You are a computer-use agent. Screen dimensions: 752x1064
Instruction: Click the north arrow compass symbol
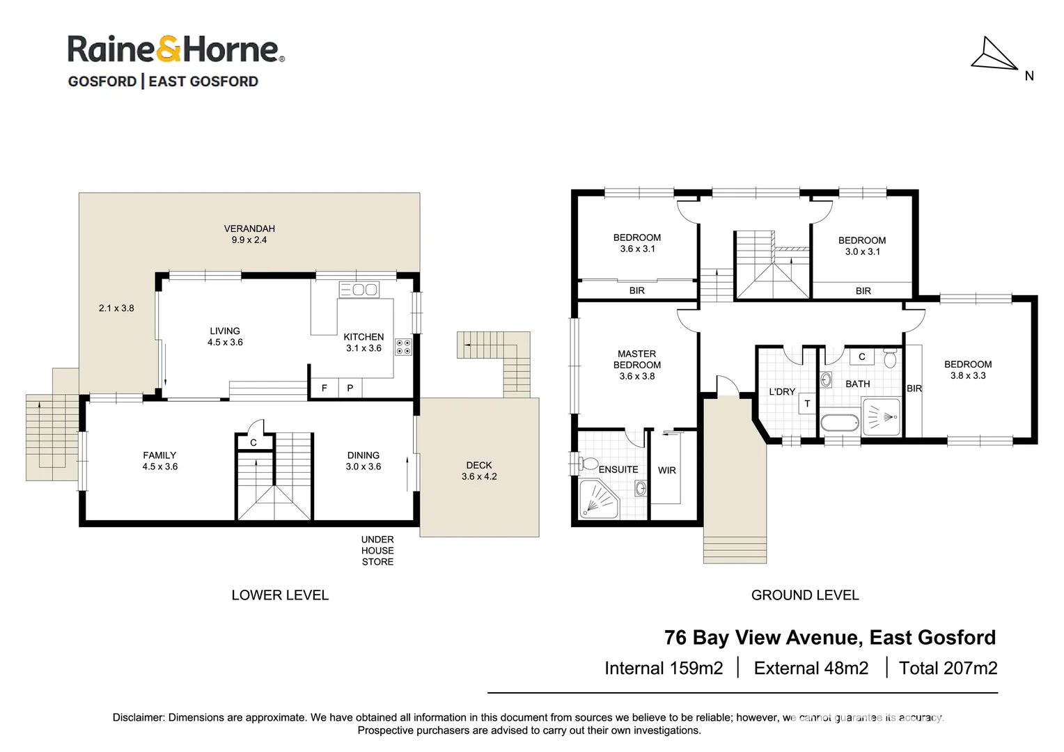pos(994,56)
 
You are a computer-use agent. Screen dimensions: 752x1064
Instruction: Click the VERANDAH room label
pos(249,228)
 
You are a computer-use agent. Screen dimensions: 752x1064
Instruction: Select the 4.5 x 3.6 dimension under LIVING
pos(225,343)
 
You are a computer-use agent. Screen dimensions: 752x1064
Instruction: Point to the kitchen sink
pos(359,289)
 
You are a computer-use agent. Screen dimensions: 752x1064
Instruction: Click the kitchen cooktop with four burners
pos(403,347)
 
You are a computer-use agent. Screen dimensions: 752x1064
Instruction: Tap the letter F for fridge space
pos(324,389)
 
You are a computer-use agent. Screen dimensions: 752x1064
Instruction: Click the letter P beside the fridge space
pos(350,389)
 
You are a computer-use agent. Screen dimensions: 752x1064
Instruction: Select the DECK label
pos(479,465)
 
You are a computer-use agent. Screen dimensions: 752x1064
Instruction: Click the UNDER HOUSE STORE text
pos(377,550)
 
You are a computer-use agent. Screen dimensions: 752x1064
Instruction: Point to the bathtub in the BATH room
pos(840,423)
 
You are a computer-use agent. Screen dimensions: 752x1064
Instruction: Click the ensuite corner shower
pos(598,499)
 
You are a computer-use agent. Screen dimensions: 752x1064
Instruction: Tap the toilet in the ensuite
pos(588,464)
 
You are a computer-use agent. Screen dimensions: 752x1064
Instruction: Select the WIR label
pos(666,471)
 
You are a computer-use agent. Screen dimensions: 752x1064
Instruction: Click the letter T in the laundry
pos(807,403)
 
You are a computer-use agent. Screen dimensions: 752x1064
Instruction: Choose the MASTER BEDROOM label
pos(636,359)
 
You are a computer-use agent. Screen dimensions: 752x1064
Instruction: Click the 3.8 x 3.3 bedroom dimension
pos(968,376)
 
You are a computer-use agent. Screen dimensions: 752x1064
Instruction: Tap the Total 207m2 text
pos(948,668)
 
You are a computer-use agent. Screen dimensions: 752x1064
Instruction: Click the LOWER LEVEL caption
pos(280,595)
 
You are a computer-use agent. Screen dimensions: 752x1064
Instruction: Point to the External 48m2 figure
pos(811,668)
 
